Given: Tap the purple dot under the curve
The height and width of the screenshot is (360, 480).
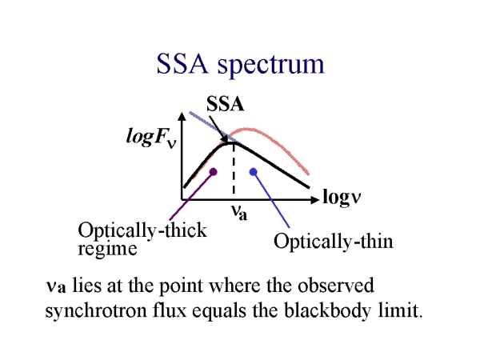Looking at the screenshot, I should point(212,170).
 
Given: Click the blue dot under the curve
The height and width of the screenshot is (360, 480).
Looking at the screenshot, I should point(254,170).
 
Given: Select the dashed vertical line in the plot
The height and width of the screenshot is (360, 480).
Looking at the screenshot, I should point(233,172).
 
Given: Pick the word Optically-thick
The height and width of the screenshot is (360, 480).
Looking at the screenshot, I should point(142,230).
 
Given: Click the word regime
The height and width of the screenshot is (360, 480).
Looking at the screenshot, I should point(107,248).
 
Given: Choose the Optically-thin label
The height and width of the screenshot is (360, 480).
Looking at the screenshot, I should point(334,240).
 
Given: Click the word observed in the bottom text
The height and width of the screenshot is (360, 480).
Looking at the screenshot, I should point(329,286).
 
